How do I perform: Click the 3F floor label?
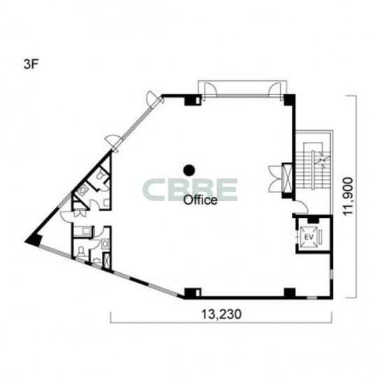[x=31, y=64]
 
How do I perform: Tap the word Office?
[x=200, y=200]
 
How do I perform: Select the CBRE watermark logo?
[x=190, y=190]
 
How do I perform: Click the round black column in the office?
[x=189, y=170]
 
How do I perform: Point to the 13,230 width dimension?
[x=221, y=314]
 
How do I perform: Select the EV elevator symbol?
[x=309, y=237]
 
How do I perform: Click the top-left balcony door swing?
[x=209, y=89]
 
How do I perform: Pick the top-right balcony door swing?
[x=275, y=89]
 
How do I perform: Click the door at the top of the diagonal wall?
[x=154, y=98]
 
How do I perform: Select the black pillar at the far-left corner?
[x=34, y=240]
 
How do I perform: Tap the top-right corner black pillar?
[x=290, y=100]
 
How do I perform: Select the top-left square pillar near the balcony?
[x=193, y=100]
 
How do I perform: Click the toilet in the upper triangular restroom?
[x=101, y=174]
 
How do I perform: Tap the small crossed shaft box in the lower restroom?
[x=106, y=261]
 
